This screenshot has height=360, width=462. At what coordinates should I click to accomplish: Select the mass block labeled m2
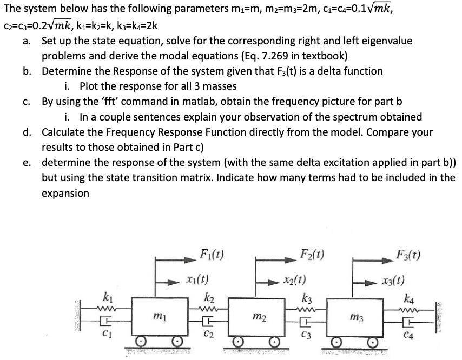[257, 317]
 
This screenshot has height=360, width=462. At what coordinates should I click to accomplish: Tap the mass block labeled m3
[357, 317]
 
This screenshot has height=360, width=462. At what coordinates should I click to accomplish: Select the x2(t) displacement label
[296, 280]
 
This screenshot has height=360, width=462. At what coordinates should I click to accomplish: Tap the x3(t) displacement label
[395, 280]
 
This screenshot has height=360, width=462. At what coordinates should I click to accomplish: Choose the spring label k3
[307, 296]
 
